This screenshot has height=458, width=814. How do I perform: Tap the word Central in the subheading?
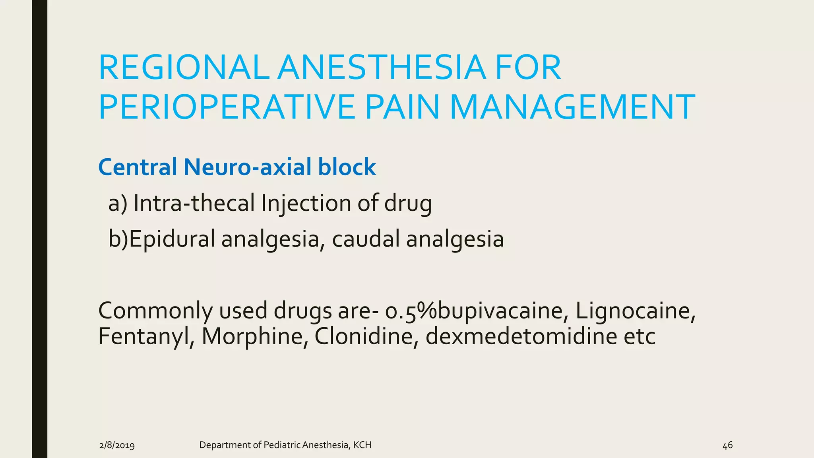pos(138,167)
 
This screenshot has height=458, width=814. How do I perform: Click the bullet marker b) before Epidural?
pos(118,239)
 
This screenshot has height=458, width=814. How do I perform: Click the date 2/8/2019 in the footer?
pos(117,445)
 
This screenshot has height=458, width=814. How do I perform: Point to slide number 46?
pos(727,445)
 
